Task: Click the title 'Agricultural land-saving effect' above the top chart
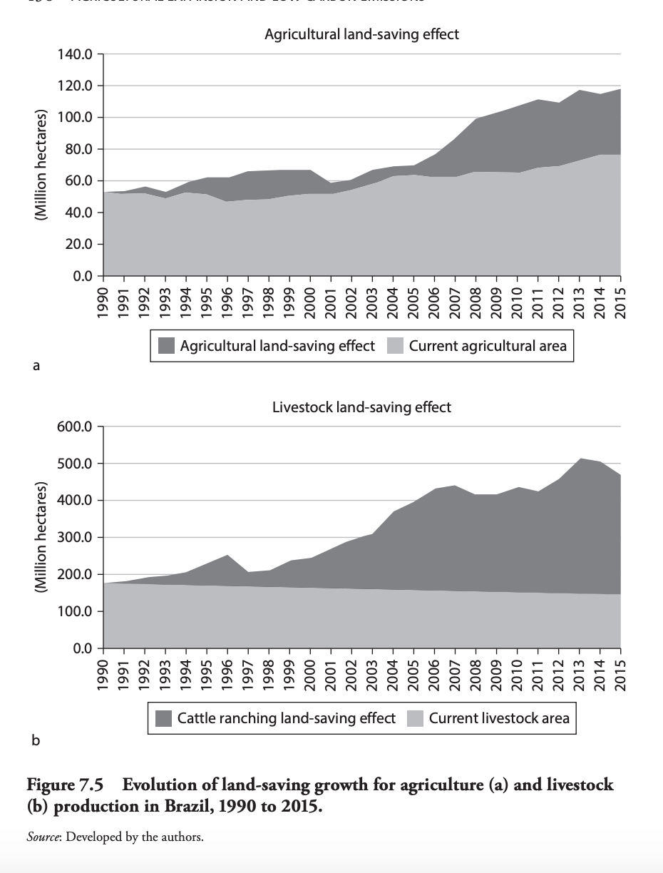361,34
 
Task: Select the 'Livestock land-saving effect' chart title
361,407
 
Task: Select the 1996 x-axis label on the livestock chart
228,670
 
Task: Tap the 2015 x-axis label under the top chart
620,297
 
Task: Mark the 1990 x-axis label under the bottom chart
104,670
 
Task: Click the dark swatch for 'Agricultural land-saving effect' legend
166,347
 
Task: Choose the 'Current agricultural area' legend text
488,347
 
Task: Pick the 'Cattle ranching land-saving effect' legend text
286,718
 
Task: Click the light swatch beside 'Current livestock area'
416,718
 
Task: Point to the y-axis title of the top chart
41,165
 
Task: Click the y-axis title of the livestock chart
41,538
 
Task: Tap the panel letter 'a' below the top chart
36,366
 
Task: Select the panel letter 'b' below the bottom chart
36,740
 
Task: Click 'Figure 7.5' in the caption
65,785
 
